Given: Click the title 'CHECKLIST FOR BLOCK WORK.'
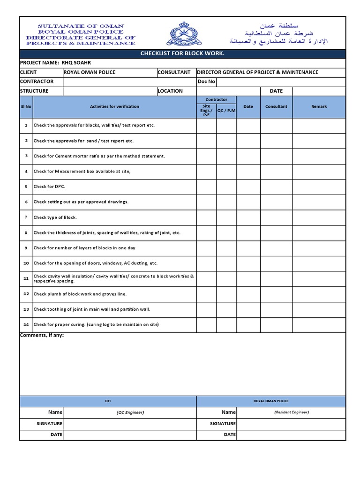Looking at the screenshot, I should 182,53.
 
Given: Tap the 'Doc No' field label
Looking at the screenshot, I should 206,82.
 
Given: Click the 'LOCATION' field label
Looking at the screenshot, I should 170,91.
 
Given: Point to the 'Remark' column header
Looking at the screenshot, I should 319,107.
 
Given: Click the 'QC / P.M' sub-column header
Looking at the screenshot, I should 226,111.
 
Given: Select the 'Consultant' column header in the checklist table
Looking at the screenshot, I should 276,107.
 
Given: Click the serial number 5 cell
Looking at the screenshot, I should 26,187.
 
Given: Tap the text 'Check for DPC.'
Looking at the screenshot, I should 49,187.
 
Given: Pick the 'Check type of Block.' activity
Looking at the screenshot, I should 55,217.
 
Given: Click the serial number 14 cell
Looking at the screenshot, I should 26,325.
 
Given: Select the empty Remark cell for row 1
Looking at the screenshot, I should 319,126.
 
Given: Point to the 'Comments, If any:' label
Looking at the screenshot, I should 42,336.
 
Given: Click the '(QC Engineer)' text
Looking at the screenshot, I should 130,412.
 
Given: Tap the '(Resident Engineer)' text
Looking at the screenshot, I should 291,412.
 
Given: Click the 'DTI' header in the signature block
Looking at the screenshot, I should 108,401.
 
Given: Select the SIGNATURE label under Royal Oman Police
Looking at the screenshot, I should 223,424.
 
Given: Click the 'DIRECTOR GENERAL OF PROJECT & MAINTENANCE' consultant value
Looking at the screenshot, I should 257,72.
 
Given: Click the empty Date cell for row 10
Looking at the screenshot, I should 248,263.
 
